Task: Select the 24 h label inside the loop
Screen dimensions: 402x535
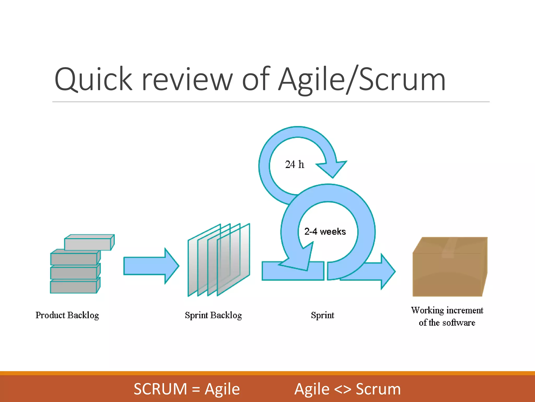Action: coord(294,165)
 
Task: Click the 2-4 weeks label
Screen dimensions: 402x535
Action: coord(325,232)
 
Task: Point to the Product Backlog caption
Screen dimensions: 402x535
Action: coord(67,315)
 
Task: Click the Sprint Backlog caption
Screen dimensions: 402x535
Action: coord(213,315)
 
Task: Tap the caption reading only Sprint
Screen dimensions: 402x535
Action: coord(322,315)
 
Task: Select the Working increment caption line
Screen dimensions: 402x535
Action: coord(447,310)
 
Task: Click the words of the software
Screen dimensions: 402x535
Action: coord(447,323)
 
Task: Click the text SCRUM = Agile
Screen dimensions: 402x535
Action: coord(187,389)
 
